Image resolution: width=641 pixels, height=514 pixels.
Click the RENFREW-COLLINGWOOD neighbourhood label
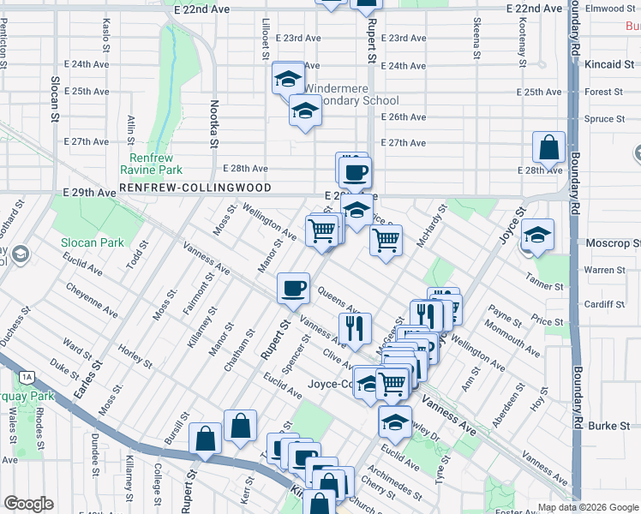[195, 188]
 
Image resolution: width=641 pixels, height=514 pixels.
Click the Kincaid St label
[608, 64]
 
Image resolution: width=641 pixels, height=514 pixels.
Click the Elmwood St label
[612, 9]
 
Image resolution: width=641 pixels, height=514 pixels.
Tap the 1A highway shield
[27, 376]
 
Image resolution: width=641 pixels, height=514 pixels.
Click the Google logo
[28, 504]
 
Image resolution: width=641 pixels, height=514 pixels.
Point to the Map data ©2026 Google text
[587, 506]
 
